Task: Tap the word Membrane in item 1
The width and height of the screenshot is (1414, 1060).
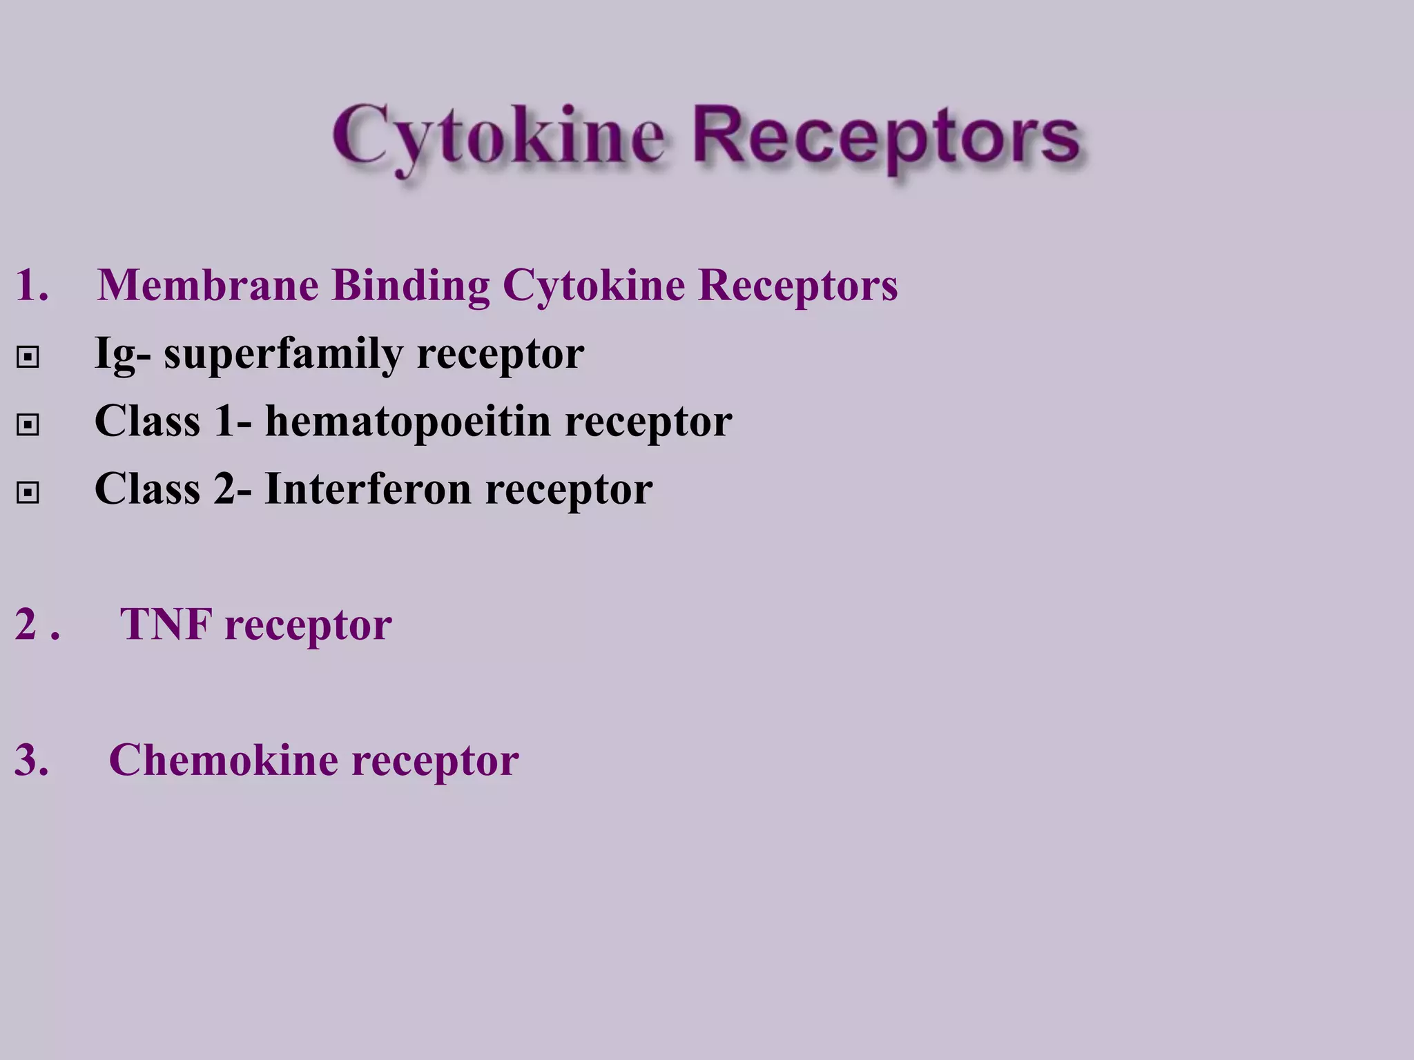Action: point(208,284)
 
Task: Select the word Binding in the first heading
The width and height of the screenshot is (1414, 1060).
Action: point(411,286)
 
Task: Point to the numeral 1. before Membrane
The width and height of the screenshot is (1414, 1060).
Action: point(32,284)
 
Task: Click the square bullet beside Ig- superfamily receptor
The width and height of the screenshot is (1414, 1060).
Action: point(28,357)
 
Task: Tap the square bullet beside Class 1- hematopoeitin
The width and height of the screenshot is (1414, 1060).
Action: point(28,424)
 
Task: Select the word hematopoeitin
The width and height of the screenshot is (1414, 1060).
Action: point(407,421)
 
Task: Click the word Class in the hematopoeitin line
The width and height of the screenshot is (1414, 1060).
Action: point(147,421)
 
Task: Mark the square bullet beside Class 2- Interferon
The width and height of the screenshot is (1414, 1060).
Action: point(28,492)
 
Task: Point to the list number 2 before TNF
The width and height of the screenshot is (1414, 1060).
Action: point(26,624)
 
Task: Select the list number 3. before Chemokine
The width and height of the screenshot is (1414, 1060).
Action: point(32,760)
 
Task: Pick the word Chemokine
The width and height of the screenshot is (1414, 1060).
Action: point(223,760)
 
